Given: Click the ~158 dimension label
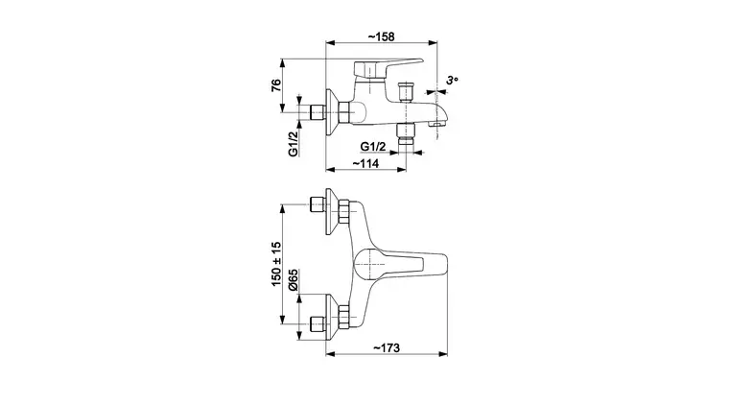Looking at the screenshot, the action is pos(381,36).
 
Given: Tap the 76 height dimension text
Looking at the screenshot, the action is pos(276,85).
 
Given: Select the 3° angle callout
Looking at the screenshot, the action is pos(452,80).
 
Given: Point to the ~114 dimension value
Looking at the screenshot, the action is pos(365,164).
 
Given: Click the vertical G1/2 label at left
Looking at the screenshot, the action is pos(293,144).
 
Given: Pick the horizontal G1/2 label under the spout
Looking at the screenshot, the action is pos(373,147).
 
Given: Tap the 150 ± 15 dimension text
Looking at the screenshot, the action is pos(276,264).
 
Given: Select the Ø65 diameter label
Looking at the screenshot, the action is pos(293,279).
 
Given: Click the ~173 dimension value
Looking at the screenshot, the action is pos(387,347).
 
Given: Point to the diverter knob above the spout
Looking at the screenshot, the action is pos(407,91).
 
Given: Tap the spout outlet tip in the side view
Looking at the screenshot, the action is pos(438,123).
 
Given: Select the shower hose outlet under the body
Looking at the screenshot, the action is pos(406,134).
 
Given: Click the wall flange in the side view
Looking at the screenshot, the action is pos(332,112).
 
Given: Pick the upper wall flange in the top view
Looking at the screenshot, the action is pos(332,211).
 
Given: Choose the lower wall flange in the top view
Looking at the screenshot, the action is pos(332,317).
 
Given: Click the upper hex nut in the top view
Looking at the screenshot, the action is pos(343,211).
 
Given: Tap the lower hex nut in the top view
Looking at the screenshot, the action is pos(343,317).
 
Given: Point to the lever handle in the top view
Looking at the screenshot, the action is pos(400,264).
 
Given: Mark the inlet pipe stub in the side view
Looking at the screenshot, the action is pos(317,112).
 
